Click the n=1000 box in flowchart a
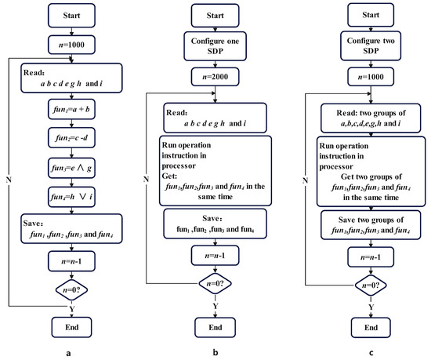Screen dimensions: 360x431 (72, 46)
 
